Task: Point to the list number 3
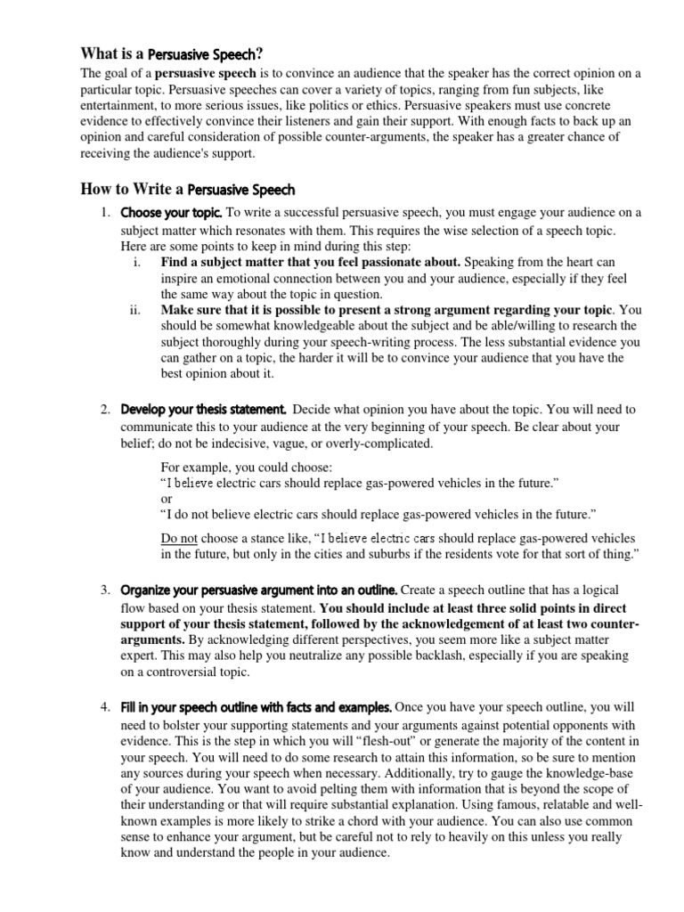click(x=104, y=590)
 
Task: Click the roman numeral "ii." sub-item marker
click(x=136, y=310)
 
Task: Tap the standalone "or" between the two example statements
click(x=166, y=499)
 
